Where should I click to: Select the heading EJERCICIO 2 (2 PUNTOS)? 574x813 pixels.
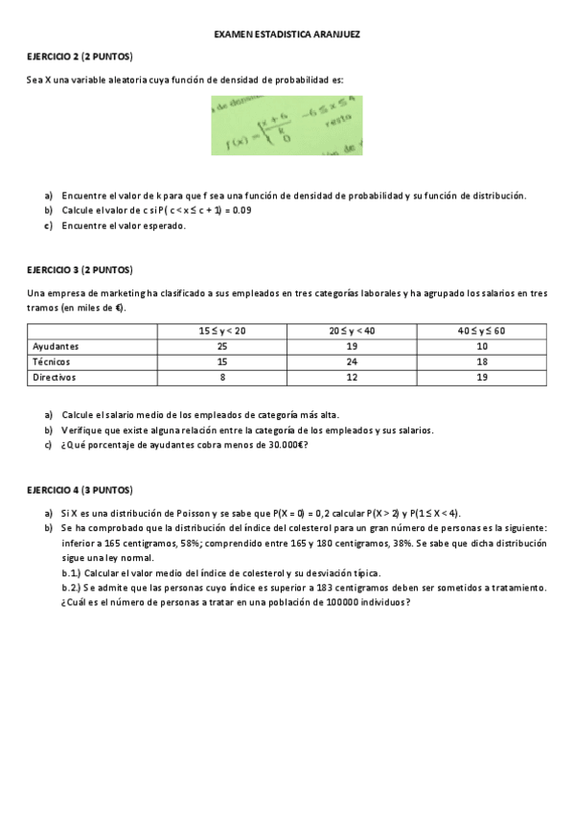coord(80,58)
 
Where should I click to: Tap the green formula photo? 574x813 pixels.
coord(287,125)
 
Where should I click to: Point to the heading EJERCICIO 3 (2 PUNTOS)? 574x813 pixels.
coord(80,269)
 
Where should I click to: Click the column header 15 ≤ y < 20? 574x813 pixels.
coord(221,331)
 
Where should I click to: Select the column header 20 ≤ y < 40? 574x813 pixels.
coord(351,331)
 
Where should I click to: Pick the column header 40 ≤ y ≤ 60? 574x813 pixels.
coord(481,331)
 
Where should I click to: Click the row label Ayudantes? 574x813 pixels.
coord(56,346)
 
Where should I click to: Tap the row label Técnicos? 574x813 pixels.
coord(51,362)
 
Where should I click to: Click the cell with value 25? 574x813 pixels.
coord(221,346)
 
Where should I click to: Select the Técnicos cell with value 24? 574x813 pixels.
coord(351,362)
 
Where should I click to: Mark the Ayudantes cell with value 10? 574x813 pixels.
coord(481,346)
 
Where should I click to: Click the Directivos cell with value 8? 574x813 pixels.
coord(221,379)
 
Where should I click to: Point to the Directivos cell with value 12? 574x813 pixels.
coord(351,379)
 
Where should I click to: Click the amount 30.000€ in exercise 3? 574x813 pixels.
coord(283,445)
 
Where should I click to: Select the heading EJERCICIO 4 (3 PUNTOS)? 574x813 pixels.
coord(80,490)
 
